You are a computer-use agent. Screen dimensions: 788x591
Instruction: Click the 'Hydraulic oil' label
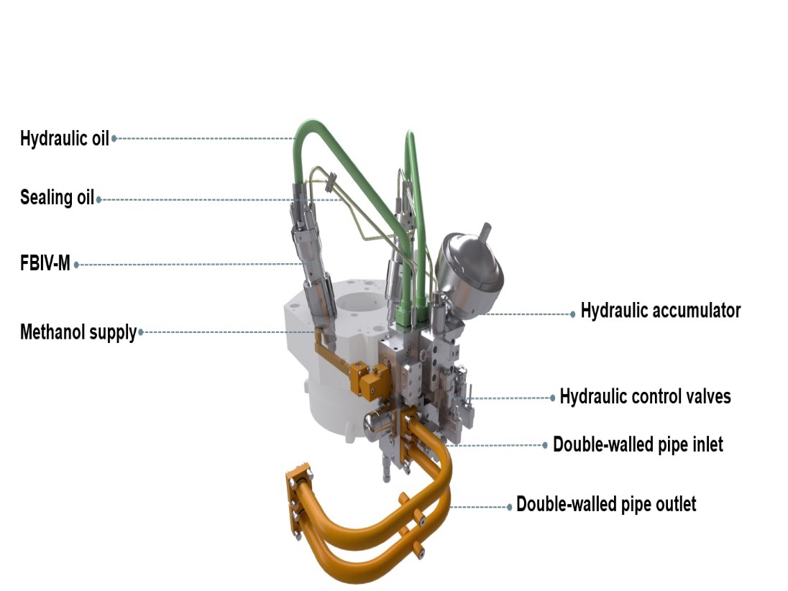(x=64, y=138)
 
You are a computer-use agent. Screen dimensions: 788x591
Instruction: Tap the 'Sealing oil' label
(x=58, y=197)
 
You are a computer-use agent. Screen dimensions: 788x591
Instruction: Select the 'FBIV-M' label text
(x=45, y=263)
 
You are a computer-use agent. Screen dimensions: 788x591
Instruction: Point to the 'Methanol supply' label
(x=78, y=332)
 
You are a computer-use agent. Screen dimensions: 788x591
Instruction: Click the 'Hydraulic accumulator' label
(x=660, y=311)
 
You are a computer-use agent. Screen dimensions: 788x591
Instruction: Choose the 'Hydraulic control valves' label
(x=645, y=396)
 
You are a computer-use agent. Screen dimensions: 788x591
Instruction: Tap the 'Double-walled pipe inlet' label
(x=638, y=445)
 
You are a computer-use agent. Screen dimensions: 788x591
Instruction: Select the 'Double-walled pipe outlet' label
(x=606, y=504)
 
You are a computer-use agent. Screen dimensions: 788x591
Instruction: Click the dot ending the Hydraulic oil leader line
(x=114, y=138)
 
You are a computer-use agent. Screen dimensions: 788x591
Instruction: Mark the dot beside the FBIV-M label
(x=76, y=265)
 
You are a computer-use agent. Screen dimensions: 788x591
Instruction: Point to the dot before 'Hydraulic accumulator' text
(x=573, y=314)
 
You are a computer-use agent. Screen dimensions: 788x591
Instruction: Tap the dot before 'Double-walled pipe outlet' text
(x=510, y=507)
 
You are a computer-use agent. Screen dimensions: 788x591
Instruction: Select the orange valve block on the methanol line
(x=370, y=380)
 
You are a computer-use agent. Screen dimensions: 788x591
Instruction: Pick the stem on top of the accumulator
(x=485, y=234)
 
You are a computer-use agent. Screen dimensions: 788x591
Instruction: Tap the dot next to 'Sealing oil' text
(x=99, y=199)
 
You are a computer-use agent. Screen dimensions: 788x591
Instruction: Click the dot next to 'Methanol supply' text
(x=141, y=332)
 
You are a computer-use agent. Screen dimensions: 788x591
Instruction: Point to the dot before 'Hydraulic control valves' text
(x=552, y=398)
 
